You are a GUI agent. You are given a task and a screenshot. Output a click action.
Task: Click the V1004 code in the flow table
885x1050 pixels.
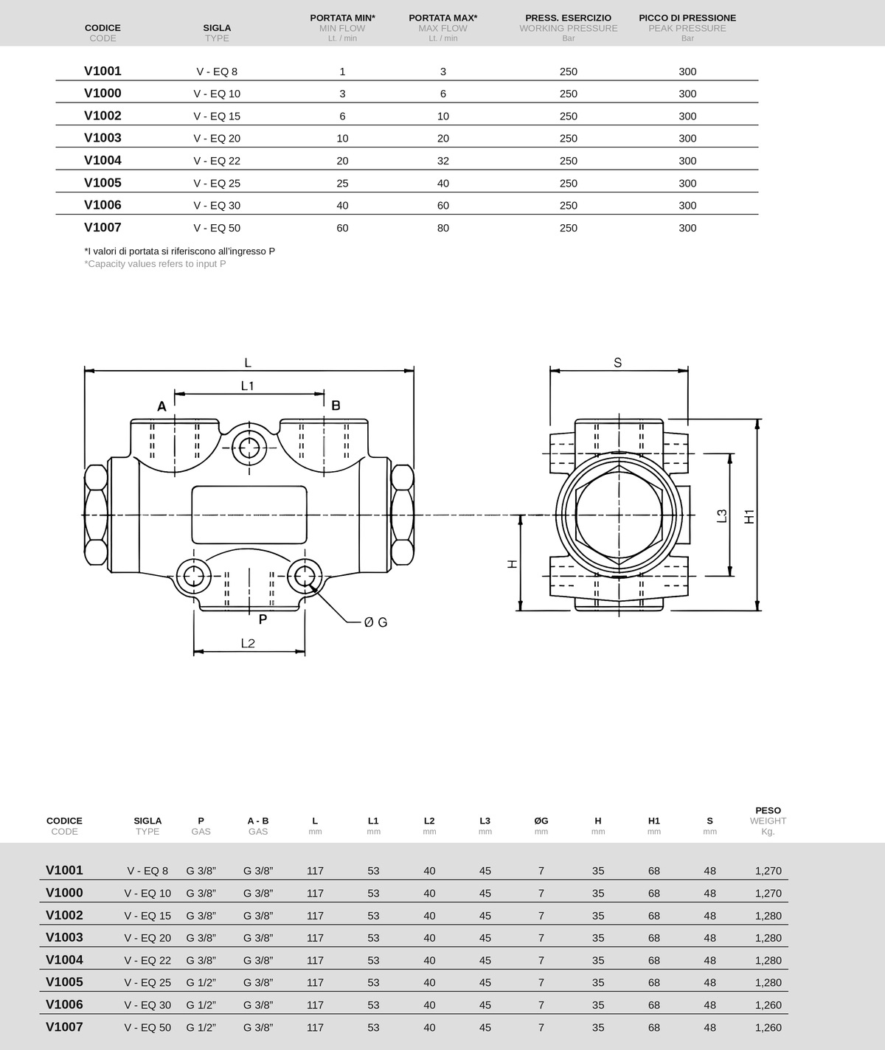coord(103,161)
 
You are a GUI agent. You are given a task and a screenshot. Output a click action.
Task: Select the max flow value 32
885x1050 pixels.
coord(442,161)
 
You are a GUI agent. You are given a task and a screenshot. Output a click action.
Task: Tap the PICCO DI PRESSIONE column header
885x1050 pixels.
coord(687,18)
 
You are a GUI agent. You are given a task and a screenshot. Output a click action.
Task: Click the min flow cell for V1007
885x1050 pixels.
coord(342,228)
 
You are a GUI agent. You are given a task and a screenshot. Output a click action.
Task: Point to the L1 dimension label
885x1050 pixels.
coord(248,386)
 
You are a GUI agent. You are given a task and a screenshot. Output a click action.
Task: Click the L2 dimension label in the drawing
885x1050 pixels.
coord(248,643)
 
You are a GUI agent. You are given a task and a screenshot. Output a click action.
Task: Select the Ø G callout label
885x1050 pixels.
coord(376,622)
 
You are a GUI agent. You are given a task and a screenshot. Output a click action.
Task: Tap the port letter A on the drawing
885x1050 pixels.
coord(162,406)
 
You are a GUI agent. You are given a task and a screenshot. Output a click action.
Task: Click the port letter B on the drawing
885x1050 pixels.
coord(336,406)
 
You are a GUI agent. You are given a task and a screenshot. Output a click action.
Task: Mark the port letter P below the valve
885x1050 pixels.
coord(263,619)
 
